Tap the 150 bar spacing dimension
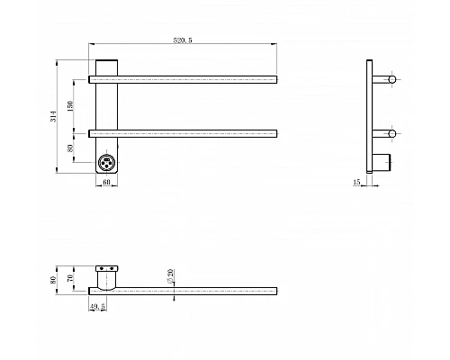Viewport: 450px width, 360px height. (x=73, y=106)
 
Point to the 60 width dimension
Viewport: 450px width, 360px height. (x=106, y=182)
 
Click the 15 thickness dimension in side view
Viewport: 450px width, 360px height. (x=356, y=182)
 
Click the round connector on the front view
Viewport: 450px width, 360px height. (x=107, y=163)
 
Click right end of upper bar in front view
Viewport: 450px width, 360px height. (x=274, y=80)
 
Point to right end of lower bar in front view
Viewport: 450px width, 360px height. (x=274, y=134)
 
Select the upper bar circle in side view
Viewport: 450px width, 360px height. (x=391, y=80)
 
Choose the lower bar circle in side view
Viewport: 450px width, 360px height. (x=391, y=134)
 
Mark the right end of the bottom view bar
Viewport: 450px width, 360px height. (x=274, y=291)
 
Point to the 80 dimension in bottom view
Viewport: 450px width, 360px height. (x=56, y=279)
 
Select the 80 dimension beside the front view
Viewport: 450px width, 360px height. (x=73, y=149)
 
